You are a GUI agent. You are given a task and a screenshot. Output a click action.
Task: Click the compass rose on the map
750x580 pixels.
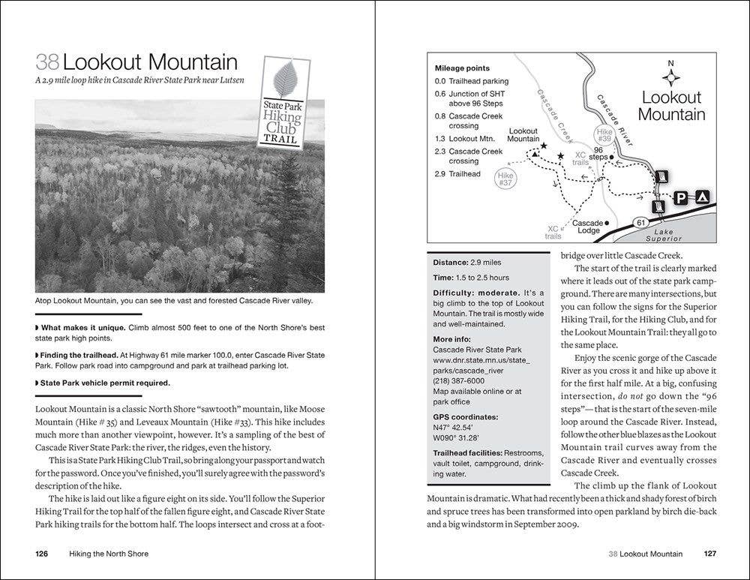(671, 76)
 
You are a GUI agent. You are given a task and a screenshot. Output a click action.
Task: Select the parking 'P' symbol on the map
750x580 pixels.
(679, 198)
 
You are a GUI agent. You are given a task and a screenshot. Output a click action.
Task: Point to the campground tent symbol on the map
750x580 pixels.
(701, 198)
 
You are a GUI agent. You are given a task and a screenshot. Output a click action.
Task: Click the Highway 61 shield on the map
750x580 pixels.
(640, 222)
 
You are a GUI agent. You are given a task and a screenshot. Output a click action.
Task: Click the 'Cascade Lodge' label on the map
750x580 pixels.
(588, 227)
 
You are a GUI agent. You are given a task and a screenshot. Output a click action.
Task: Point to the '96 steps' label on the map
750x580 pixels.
(598, 154)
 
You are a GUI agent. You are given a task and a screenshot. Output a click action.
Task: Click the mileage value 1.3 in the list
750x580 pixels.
(440, 139)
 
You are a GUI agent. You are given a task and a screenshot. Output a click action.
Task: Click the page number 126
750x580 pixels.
(42, 554)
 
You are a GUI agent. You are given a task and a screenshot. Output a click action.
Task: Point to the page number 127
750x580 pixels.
(709, 554)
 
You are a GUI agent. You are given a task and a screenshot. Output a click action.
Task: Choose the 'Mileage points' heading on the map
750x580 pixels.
(462, 68)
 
